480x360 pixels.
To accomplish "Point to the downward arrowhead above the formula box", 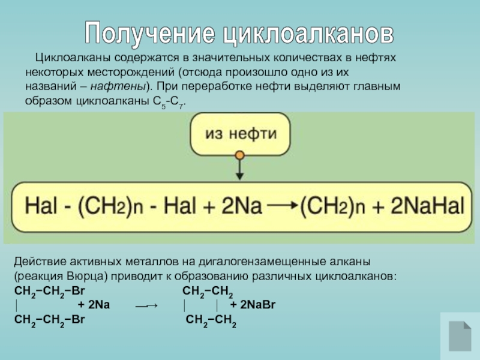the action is [240, 176].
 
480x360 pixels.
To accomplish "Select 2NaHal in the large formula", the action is [427, 206].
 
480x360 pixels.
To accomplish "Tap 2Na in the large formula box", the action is [239, 206].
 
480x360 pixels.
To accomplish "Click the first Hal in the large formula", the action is [40, 206].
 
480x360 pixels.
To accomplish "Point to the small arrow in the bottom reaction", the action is [146, 306].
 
